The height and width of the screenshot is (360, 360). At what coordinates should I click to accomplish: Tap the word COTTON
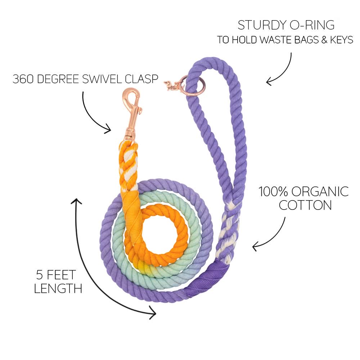click(305, 205)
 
